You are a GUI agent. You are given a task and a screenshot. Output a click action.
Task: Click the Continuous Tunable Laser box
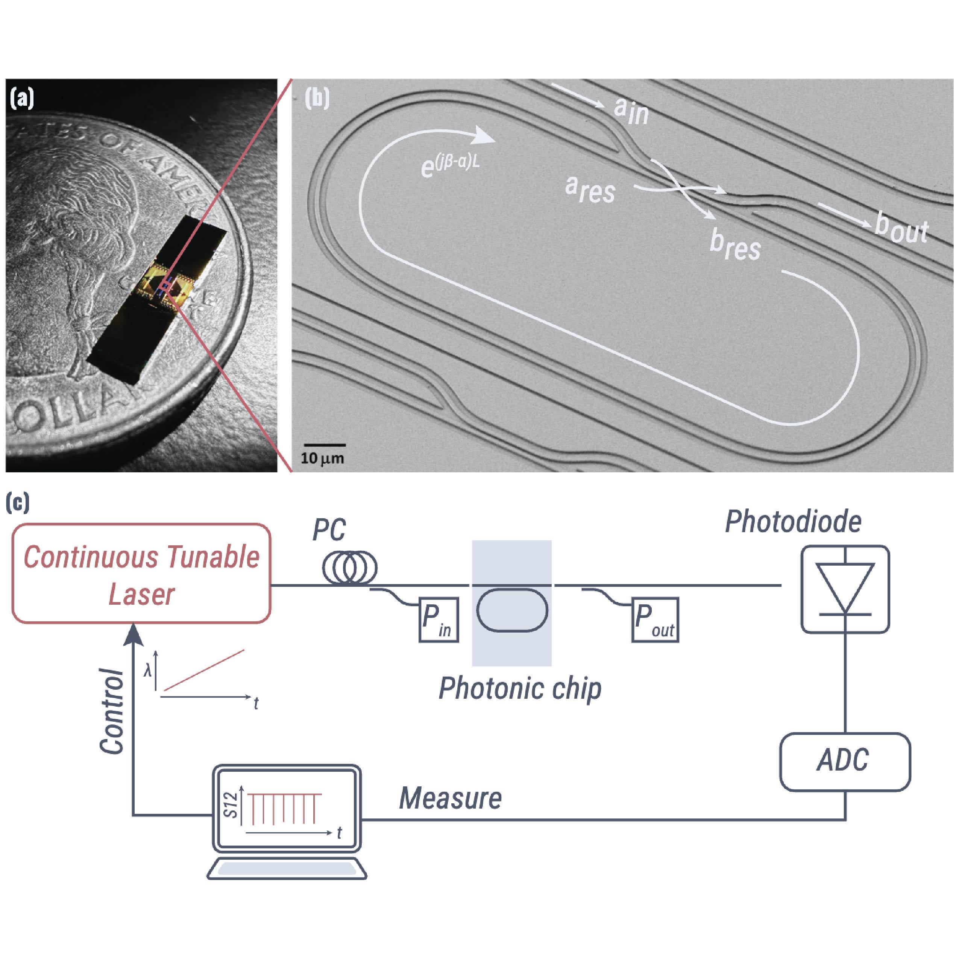141,573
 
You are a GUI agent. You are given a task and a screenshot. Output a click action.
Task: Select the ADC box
845,761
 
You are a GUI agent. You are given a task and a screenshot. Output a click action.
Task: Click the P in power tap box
438,620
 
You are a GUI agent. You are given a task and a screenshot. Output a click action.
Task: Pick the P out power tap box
655,620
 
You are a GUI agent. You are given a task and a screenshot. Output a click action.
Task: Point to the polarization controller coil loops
349,568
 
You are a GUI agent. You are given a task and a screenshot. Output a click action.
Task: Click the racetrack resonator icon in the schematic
512,610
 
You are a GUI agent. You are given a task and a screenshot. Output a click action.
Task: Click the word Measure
450,798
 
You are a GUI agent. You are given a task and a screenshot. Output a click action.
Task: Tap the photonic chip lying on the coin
156,298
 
